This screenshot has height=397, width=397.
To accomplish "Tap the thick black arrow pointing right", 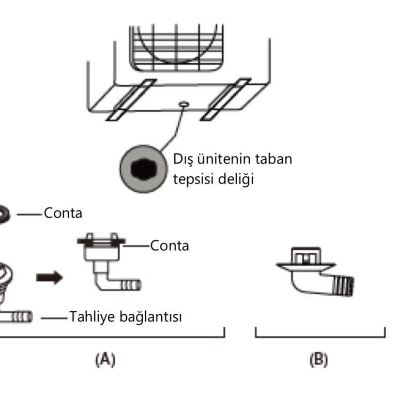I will coord(50,278).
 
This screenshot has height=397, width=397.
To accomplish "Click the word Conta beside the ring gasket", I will coord(63,213).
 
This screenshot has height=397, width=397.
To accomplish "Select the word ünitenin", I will coord(218,159).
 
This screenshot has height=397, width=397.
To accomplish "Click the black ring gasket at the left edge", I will coord(4,213).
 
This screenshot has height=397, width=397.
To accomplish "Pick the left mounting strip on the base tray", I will coord(130,99).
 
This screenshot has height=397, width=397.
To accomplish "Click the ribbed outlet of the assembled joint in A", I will coord(133,285).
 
